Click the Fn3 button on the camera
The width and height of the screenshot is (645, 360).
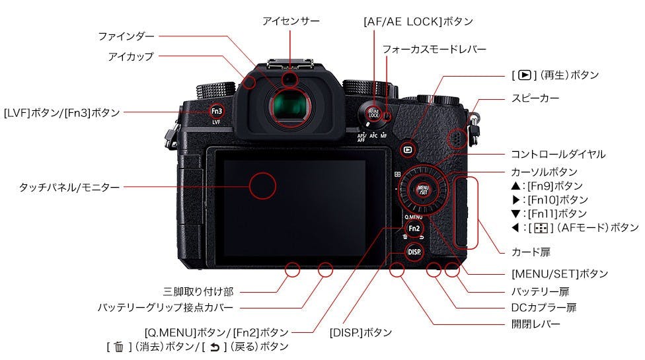[216, 111]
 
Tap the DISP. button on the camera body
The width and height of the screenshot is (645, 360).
[414, 252]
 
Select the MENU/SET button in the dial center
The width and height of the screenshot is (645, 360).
[423, 190]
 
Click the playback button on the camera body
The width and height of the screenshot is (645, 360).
[408, 150]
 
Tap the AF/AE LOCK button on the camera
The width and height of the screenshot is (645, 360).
[373, 113]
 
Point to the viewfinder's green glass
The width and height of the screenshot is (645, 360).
[290, 108]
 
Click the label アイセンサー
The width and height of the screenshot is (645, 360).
[291, 21]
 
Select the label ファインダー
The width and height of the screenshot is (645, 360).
[126, 36]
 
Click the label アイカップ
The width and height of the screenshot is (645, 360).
[131, 56]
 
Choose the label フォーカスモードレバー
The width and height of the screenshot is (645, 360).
[434, 50]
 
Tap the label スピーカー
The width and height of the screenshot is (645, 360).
[535, 98]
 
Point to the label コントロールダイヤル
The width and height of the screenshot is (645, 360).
[558, 154]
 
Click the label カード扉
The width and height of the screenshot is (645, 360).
[531, 252]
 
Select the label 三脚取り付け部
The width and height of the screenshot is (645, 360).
[198, 292]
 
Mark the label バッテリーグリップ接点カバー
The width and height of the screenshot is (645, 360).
[165, 307]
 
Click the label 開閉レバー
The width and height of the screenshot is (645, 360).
[535, 324]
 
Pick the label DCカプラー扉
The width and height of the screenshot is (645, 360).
[544, 307]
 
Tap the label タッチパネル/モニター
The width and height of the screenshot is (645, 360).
[69, 188]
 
